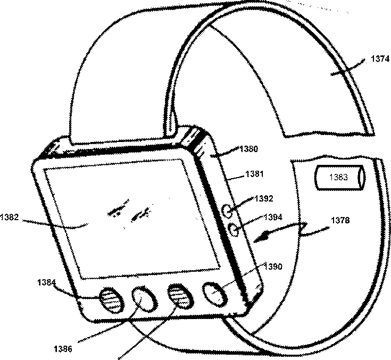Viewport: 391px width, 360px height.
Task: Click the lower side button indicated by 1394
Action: click(232, 229)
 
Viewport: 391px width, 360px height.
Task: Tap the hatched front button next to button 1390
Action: click(178, 295)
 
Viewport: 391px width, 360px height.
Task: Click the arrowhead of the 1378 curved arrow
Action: click(258, 239)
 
